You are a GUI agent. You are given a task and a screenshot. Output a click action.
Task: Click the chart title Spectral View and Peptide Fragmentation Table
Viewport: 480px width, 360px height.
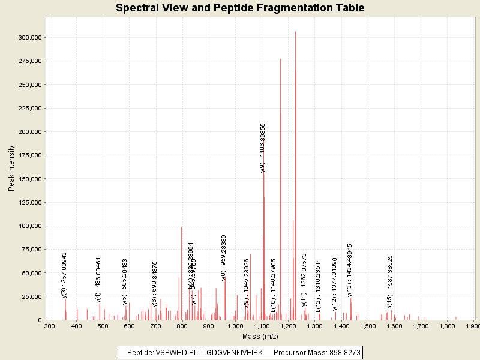coord(240,8)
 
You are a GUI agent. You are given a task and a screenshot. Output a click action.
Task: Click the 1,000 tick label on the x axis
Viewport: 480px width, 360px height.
coord(235,326)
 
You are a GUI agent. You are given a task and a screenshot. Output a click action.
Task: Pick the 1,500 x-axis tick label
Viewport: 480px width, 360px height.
coord(368,326)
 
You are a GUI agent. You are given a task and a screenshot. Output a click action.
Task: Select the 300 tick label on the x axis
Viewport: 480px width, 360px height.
coord(50,326)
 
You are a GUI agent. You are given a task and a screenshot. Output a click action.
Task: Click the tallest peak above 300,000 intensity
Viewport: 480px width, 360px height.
coord(296,32)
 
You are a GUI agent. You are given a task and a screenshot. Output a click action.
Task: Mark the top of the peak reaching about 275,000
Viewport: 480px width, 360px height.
coord(280,59)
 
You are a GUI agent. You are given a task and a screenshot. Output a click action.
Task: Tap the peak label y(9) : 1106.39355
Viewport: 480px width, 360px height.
coord(263,148)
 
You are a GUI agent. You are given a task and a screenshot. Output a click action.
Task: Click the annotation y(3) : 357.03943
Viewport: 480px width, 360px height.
coord(64,275)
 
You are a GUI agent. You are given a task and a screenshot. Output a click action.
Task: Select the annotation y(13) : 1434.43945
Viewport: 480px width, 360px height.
coord(350,270)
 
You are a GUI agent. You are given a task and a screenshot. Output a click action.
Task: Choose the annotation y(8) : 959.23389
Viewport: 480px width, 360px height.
coord(224,258)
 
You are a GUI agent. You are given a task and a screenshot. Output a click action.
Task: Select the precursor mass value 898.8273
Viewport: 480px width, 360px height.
coord(342,353)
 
